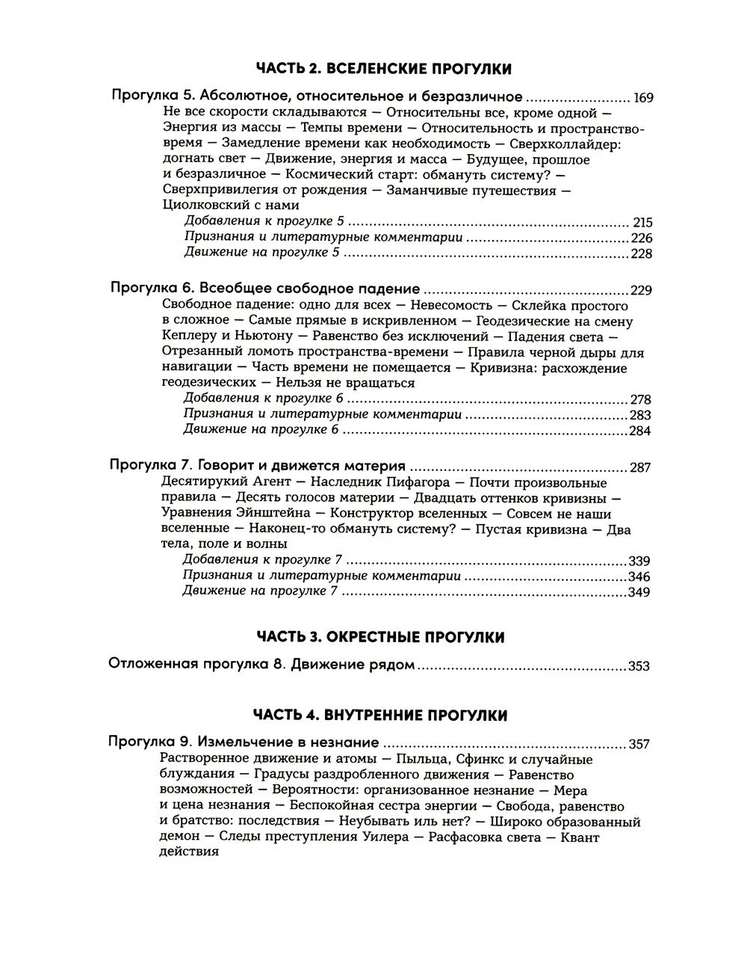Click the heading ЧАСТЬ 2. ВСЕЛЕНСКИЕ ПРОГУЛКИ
(x=383, y=69)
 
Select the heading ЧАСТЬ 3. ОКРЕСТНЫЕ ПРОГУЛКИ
(x=380, y=637)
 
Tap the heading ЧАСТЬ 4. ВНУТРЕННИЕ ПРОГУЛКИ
(x=381, y=716)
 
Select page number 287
(x=640, y=467)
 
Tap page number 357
(x=639, y=744)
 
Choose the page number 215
(x=642, y=223)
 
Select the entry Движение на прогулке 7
(x=261, y=591)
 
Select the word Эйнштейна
(x=278, y=514)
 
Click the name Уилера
(x=382, y=837)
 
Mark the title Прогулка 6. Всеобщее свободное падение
(x=264, y=289)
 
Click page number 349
(x=640, y=592)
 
